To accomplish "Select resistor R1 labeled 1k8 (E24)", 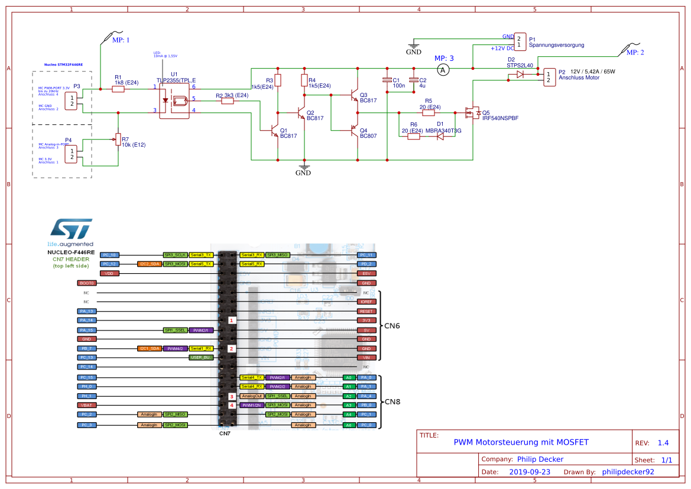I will [118, 89].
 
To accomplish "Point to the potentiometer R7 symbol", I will [118, 140].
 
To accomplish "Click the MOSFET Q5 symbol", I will [472, 112].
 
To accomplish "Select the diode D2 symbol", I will [520, 75].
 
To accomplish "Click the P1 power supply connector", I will [520, 41].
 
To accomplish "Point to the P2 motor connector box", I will [549, 77].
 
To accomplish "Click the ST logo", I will [70, 229].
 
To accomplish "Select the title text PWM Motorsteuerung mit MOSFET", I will [521, 442].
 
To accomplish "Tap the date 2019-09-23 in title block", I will [530, 472].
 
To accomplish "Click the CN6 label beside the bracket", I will [392, 325].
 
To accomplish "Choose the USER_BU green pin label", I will [201, 358].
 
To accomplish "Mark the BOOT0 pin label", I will [86, 283].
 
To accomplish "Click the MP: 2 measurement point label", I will [635, 53].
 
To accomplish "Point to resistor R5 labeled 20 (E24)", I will [429, 112].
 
